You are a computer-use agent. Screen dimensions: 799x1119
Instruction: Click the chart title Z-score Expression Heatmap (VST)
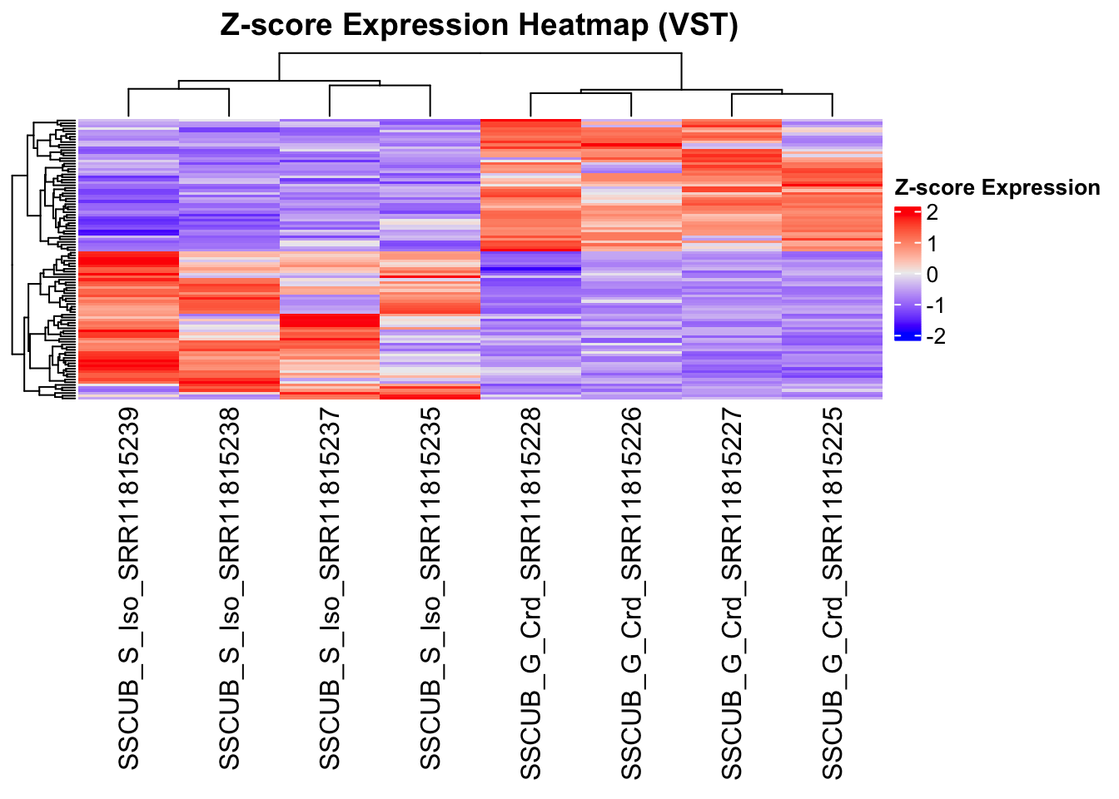(x=479, y=25)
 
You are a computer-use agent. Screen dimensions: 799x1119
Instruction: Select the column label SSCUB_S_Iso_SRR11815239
(x=128, y=588)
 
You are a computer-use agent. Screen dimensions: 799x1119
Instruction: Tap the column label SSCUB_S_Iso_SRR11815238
(x=229, y=588)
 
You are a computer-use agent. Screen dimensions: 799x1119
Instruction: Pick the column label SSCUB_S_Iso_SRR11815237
(x=330, y=588)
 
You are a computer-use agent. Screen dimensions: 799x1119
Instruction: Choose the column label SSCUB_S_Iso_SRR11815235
(x=430, y=588)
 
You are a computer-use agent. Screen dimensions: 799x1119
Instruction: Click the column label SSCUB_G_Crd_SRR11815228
(x=530, y=593)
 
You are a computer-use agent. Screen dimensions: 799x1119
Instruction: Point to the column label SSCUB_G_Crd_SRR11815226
(x=631, y=593)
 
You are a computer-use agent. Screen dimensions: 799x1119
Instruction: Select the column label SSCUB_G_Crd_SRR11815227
(x=732, y=593)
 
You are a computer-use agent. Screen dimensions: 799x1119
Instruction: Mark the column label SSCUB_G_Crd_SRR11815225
(x=833, y=593)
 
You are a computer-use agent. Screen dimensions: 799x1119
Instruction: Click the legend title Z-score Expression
(x=997, y=188)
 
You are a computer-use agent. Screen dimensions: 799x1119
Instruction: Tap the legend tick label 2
(x=932, y=213)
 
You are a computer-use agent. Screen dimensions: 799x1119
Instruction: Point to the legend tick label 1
(x=932, y=244)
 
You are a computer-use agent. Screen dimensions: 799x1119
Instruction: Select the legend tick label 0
(x=932, y=275)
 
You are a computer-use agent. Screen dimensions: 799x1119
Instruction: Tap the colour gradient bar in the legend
(x=907, y=274)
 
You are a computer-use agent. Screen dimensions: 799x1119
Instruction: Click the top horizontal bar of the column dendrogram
(x=480, y=53)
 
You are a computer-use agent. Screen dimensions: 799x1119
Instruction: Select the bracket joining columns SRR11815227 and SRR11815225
(x=782, y=95)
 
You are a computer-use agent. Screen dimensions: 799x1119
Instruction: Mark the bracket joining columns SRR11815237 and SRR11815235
(x=380, y=86)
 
